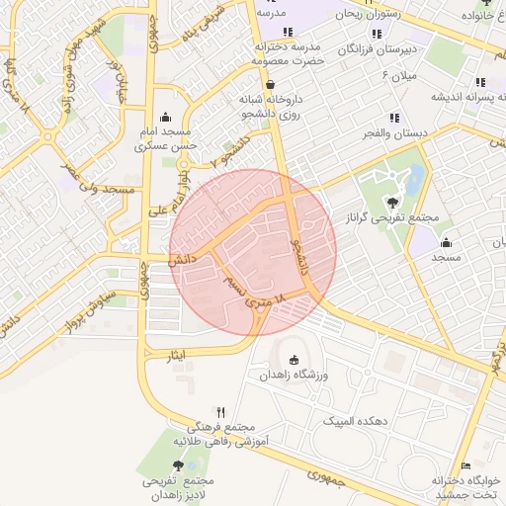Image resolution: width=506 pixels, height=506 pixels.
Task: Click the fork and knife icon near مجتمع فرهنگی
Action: pos(221,412)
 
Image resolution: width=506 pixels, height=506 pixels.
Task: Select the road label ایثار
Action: pos(176,354)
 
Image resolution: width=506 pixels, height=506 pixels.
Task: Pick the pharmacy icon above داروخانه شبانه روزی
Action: pos(269,85)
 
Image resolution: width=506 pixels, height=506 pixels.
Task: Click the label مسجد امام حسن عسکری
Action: pos(169,137)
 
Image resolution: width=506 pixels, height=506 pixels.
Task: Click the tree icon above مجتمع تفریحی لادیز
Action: pos(178,464)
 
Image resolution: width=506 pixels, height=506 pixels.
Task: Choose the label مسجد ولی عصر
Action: pos(98,179)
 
